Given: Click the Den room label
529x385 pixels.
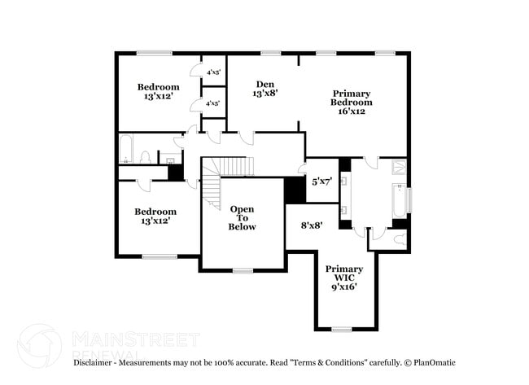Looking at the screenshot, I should coord(264,84).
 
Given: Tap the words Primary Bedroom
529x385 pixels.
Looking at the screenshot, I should coord(352,98).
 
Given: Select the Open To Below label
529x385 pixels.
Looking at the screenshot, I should coord(242,217).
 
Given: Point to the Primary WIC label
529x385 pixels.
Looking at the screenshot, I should coord(344,273).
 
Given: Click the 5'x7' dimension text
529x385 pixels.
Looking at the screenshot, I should coord(321,182).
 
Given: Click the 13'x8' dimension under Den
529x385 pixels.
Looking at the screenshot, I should coord(265,94).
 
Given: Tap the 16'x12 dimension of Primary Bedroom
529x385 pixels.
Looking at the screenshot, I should coord(352,112).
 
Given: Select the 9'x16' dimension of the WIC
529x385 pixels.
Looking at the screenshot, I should coord(344,287).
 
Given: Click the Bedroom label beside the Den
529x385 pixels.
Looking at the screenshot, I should coord(158,87).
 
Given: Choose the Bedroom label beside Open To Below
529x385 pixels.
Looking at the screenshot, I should coord(155,212).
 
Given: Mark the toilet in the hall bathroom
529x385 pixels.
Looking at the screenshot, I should coord(144,156).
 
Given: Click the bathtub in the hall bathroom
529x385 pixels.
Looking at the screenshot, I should coord(126,150).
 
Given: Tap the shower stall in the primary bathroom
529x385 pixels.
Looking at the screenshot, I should coord(399,168).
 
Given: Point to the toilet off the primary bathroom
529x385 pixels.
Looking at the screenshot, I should coord(398,238).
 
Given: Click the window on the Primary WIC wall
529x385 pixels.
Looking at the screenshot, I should coord(341,329).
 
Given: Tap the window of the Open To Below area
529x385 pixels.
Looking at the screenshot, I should coord(243,270).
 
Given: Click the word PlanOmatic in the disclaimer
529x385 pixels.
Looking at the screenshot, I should coord(436,362).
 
